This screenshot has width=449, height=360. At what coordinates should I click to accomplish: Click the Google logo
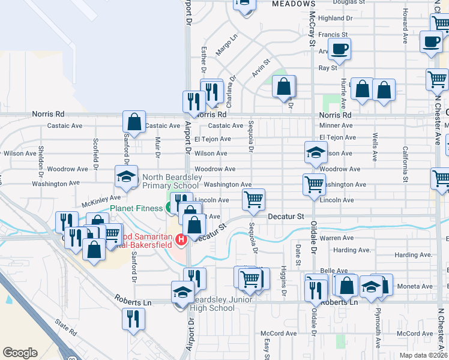pyautogui.click(x=20, y=353)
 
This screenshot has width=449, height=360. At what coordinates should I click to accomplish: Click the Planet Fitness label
pyautogui.click(x=136, y=208)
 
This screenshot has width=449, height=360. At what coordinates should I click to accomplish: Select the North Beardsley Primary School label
pyautogui.click(x=169, y=181)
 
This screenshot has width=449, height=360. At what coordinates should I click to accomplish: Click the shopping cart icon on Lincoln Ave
pyautogui.click(x=253, y=199)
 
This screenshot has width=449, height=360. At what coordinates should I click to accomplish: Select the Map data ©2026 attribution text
pyautogui.click(x=424, y=355)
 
